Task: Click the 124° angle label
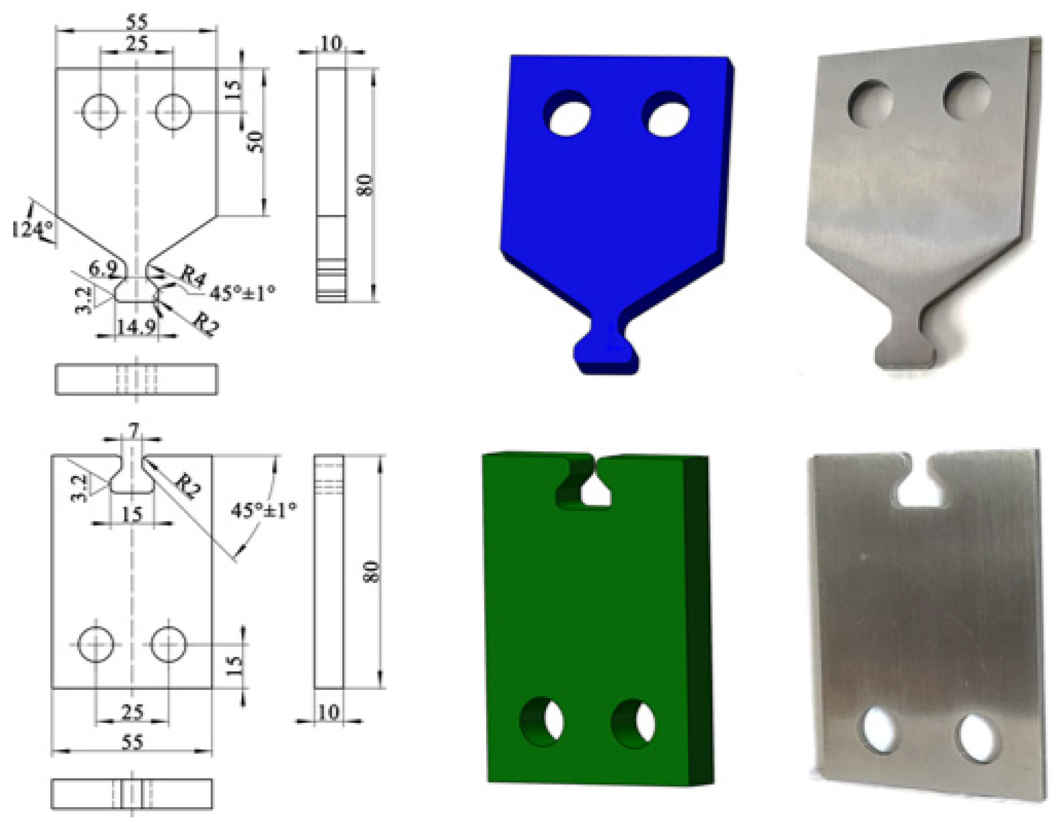pyautogui.click(x=30, y=228)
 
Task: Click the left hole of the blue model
pyautogui.click(x=568, y=114)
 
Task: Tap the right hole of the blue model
pyautogui.click(x=666, y=114)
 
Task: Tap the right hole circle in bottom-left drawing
pyautogui.click(x=168, y=644)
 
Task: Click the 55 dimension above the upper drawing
pyautogui.click(x=137, y=22)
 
